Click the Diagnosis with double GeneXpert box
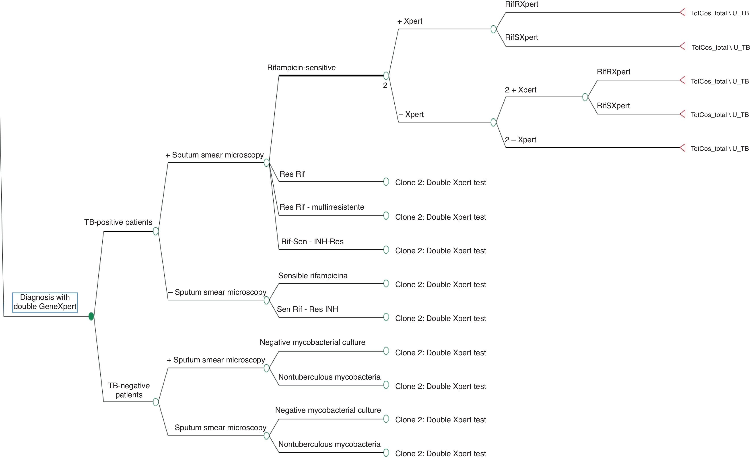click(x=45, y=302)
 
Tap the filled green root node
click(x=91, y=316)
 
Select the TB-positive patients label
click(x=118, y=222)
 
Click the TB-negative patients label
click(x=129, y=390)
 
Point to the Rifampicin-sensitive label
click(x=301, y=67)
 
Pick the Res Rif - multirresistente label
click(x=321, y=207)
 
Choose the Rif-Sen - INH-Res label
click(x=312, y=241)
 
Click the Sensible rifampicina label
click(x=313, y=276)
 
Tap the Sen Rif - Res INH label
click(x=307, y=309)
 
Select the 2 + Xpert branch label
click(x=520, y=90)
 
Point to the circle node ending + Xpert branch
click(x=493, y=29)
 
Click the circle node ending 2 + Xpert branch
click(x=585, y=97)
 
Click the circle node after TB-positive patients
click(x=156, y=231)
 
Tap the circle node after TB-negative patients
click(x=156, y=402)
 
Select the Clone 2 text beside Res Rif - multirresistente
click(x=440, y=217)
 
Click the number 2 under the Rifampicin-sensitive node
click(x=385, y=86)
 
